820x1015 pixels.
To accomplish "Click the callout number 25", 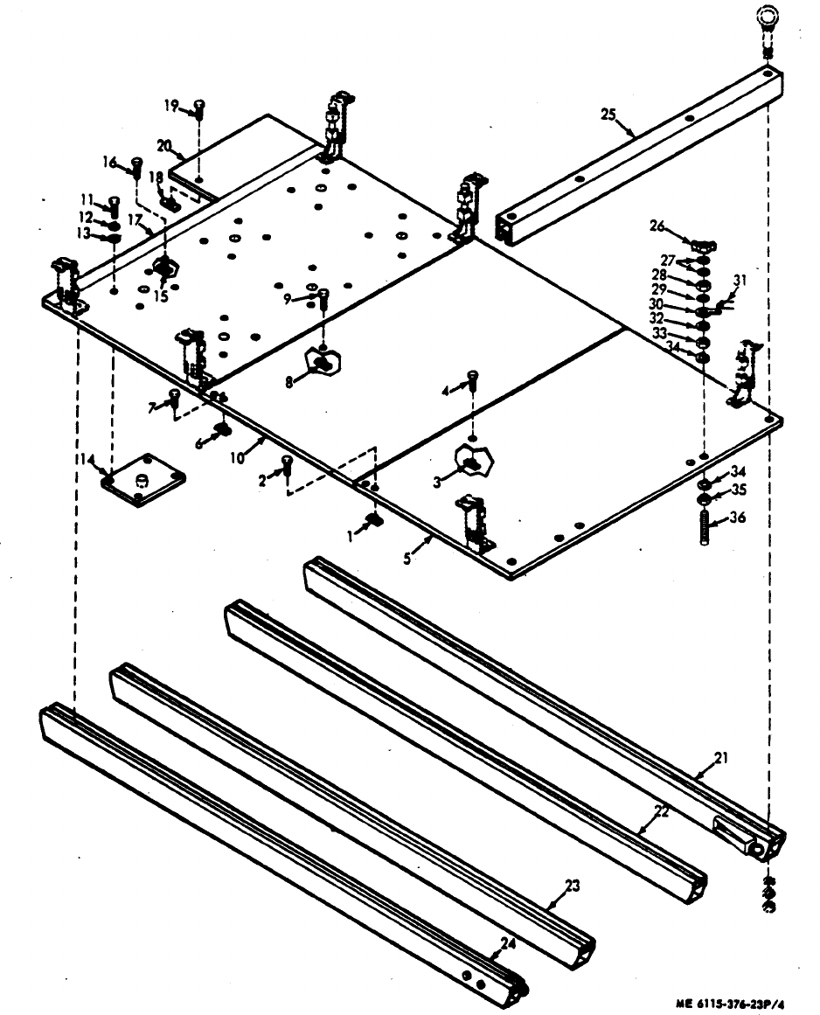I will (609, 114).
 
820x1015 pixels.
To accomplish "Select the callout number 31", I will (740, 280).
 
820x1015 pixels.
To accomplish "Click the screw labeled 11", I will (114, 205).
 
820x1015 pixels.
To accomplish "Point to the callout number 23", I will (572, 886).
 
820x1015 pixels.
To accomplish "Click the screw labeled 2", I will (288, 468).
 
